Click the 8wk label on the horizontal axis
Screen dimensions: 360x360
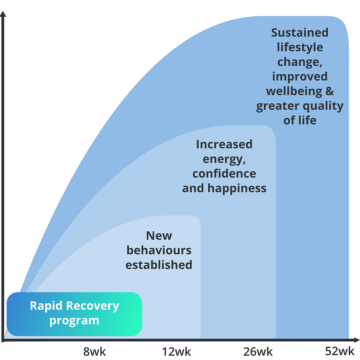(x=94, y=351)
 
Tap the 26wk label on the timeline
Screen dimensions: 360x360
(x=258, y=351)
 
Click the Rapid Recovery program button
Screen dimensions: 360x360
(x=74, y=314)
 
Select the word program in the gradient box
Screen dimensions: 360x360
(x=74, y=321)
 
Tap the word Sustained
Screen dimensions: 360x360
(x=300, y=33)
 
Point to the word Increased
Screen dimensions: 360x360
(x=224, y=144)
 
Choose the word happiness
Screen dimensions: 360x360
(x=237, y=188)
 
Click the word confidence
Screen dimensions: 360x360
(x=224, y=174)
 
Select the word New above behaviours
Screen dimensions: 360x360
(x=159, y=236)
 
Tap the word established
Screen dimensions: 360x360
(x=159, y=265)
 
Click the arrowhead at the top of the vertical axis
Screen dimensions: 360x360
(x=3, y=14)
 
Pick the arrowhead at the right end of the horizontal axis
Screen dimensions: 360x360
(x=357, y=340)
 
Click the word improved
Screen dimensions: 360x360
(x=300, y=76)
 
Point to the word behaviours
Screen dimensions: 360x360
(x=159, y=250)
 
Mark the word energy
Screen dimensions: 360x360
(x=224, y=159)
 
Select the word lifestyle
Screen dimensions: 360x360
(x=300, y=47)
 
